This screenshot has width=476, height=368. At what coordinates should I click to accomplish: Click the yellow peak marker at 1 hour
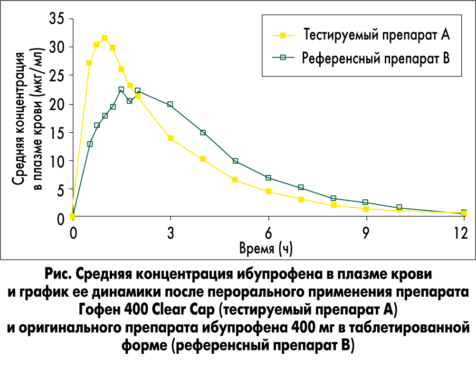pyautogui.click(x=105, y=38)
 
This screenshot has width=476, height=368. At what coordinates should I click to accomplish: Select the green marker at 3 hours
pyautogui.click(x=170, y=104)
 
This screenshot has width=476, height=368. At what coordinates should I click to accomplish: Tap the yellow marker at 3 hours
pyautogui.click(x=170, y=138)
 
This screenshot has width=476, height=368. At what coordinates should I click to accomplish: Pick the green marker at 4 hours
pyautogui.click(x=203, y=133)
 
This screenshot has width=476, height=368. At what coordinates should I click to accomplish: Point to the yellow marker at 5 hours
pyautogui.click(x=235, y=180)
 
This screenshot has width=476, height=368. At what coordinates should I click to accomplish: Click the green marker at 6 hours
pyautogui.click(x=268, y=178)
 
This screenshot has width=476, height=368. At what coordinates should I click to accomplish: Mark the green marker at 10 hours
pyautogui.click(x=399, y=207)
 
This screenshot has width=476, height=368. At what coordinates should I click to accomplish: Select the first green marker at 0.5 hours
pyautogui.click(x=90, y=144)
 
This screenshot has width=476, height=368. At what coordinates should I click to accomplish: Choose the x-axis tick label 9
pyautogui.click(x=366, y=233)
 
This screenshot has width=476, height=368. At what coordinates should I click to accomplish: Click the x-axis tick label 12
pyautogui.click(x=460, y=233)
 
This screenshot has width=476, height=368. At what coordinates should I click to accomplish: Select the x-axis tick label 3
pyautogui.click(x=170, y=233)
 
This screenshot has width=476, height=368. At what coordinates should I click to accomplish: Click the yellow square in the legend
pyautogui.click(x=283, y=35)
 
